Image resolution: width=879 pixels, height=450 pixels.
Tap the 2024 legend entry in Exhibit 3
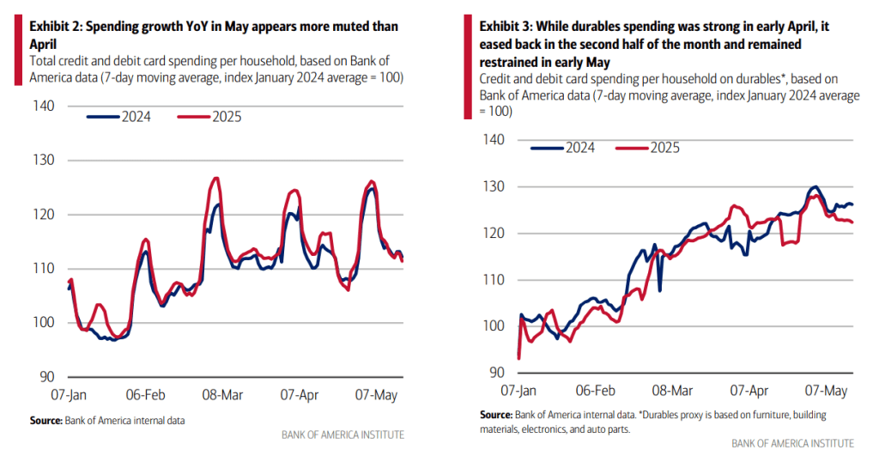tap(564, 148)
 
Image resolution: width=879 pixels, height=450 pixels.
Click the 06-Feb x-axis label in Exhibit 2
tap(147, 395)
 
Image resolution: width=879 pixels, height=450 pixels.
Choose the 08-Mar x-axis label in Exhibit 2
tap(222, 395)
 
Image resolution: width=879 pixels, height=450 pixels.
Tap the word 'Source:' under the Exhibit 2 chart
tap(46, 420)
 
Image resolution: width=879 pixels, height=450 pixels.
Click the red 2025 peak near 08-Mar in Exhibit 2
tap(215, 179)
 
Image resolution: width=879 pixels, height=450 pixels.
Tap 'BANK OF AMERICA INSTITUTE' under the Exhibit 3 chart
tap(792, 442)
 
